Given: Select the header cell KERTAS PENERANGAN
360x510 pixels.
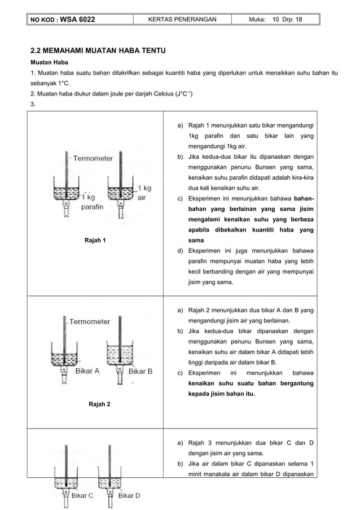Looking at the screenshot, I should tap(182, 20).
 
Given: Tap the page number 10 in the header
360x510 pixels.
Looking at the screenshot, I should tap(276, 20).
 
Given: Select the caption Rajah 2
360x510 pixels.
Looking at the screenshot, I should tap(99, 404).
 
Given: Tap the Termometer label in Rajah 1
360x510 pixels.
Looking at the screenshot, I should tap(93, 159).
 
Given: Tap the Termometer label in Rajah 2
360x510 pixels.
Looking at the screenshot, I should tap(90, 321).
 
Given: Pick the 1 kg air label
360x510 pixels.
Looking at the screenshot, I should tap(142, 193).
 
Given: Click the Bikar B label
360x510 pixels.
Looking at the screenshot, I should tap(141, 371).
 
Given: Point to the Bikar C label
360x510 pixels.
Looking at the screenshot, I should tap(82, 495).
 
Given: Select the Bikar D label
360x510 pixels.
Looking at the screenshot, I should tap(129, 495).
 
